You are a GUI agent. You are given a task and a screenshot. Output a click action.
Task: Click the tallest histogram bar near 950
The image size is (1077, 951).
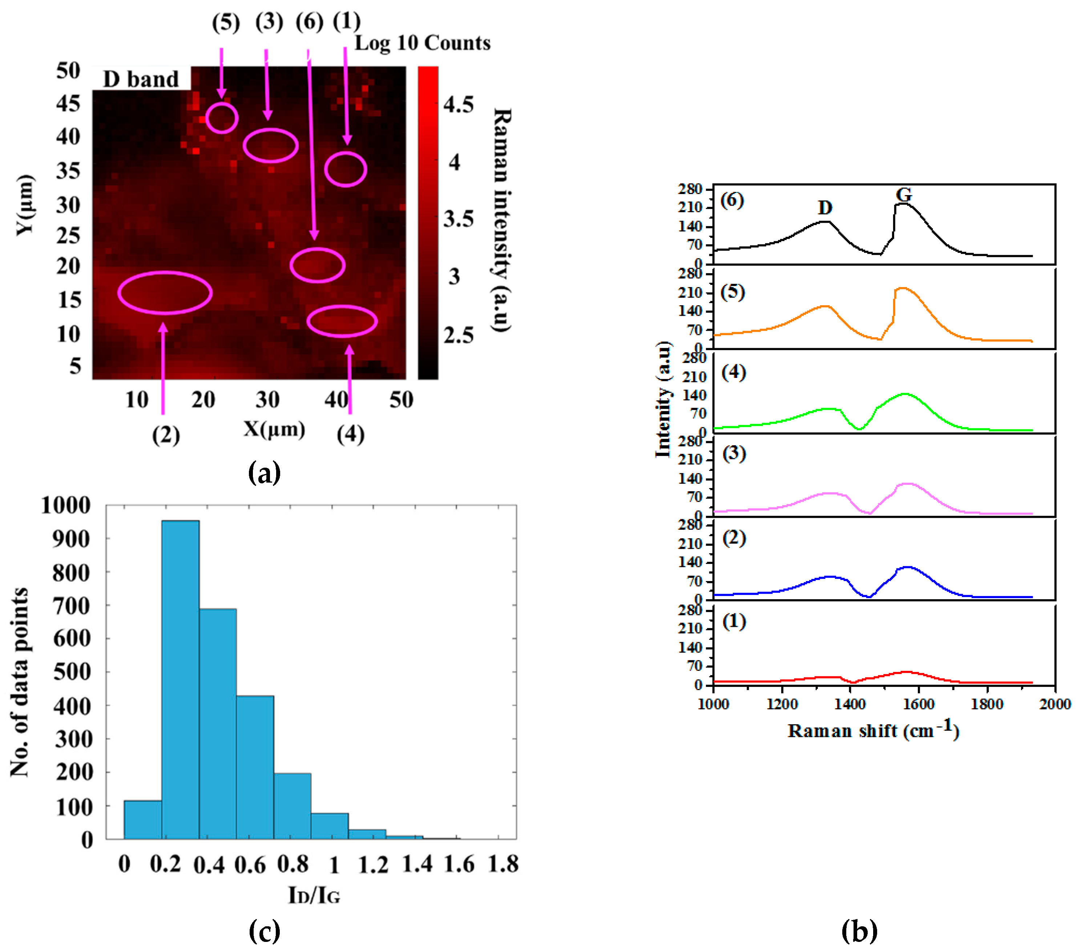pos(180,680)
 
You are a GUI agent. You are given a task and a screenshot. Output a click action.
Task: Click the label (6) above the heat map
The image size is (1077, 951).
pos(309,22)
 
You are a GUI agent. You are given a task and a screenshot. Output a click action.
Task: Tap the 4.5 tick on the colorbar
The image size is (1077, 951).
pos(458,104)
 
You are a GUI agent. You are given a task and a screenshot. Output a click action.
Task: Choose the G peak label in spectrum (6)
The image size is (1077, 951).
pos(904,195)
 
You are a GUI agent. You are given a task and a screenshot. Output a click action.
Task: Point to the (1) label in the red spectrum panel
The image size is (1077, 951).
pos(734,622)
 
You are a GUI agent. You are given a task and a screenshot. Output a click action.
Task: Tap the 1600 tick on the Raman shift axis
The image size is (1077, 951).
pos(919,704)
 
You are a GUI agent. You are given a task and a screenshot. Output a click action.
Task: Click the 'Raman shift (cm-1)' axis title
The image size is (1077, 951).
pos(872,730)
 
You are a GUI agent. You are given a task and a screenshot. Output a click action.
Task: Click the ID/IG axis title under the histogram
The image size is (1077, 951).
pos(314,895)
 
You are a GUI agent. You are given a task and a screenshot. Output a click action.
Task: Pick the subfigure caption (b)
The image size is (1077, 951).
pos(859,931)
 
